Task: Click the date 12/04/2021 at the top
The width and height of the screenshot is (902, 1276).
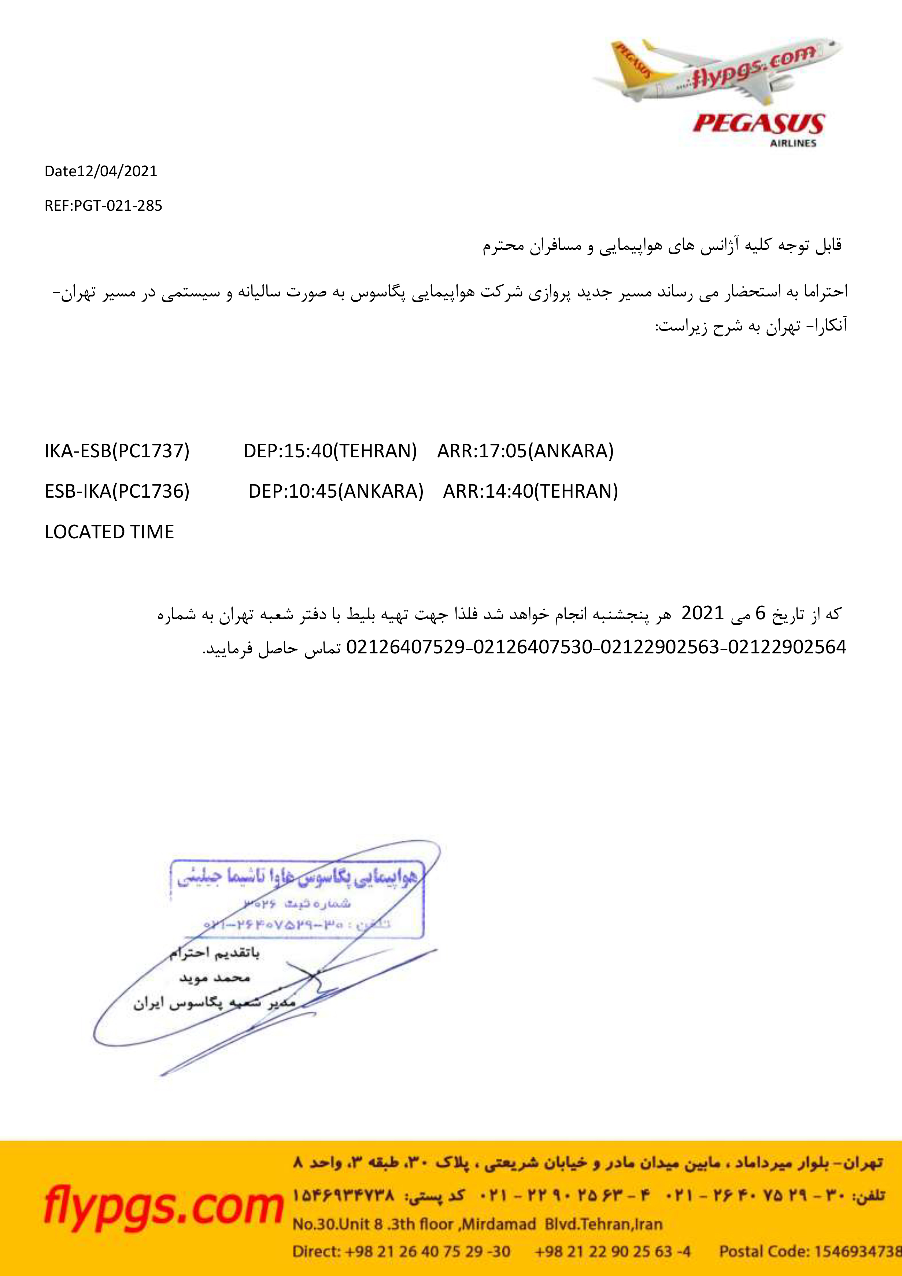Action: point(117,171)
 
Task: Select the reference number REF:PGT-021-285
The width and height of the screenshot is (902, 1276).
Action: point(103,206)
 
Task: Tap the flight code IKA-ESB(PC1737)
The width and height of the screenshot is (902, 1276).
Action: point(117,451)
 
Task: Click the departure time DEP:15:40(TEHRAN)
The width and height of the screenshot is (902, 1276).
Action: point(330,451)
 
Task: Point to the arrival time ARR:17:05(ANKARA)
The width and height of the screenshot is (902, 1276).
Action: point(525,451)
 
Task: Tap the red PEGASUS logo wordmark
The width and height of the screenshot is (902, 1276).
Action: point(759,123)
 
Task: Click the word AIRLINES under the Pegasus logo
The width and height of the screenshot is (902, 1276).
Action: point(793,143)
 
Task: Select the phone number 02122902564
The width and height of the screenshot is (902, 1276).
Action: point(787,647)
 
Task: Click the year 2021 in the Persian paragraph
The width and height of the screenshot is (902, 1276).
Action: point(702,613)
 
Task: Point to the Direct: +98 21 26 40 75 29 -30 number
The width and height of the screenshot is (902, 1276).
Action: point(401,1251)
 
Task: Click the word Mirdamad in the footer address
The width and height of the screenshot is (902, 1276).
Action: point(499,1224)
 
